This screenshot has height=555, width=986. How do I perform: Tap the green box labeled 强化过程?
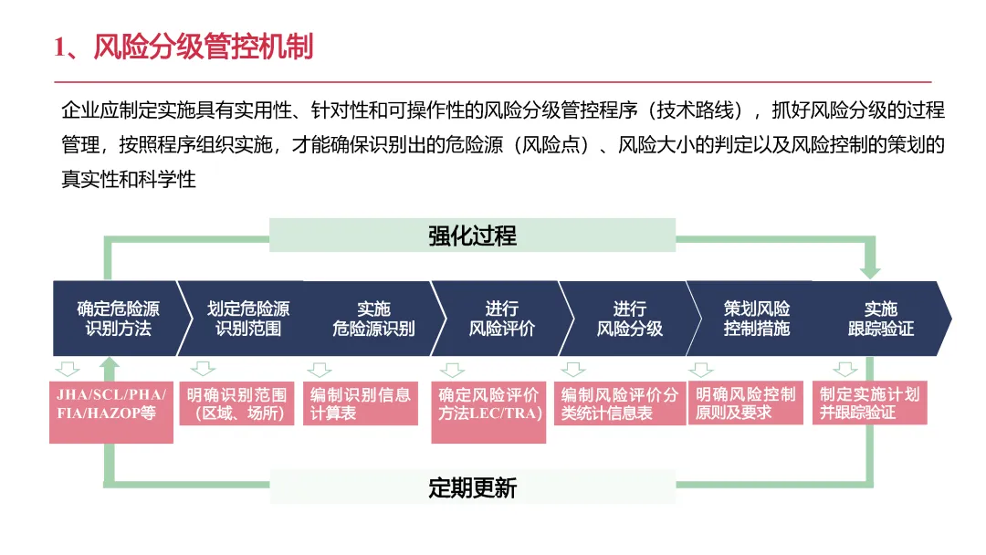pos(472,236)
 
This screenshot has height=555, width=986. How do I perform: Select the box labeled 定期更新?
pos(472,487)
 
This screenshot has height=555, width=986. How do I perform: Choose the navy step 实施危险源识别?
pos(373,319)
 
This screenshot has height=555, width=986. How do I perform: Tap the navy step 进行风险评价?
pos(501,319)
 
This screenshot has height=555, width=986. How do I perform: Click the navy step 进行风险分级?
pos(629,319)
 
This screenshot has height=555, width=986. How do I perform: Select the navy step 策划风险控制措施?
pos(756,319)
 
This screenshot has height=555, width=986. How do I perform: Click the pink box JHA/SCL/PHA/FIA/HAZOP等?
pos(111,412)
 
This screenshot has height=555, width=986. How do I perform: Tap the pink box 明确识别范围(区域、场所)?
pos(236,403)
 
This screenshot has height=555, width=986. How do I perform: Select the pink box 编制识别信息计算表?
pos(361,403)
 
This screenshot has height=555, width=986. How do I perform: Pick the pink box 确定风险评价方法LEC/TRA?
pos(488,412)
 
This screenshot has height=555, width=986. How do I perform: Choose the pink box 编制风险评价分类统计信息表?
pos(620,403)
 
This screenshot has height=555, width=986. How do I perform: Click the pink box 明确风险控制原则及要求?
pos(745,403)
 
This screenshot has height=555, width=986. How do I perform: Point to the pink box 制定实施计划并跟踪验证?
pos(869,403)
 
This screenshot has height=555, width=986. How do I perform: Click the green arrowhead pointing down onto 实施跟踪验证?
pos(870,271)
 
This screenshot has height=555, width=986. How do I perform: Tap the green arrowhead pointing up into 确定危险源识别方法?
pos(110,365)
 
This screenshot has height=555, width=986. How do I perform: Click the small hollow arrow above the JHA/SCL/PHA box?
pos(68,370)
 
